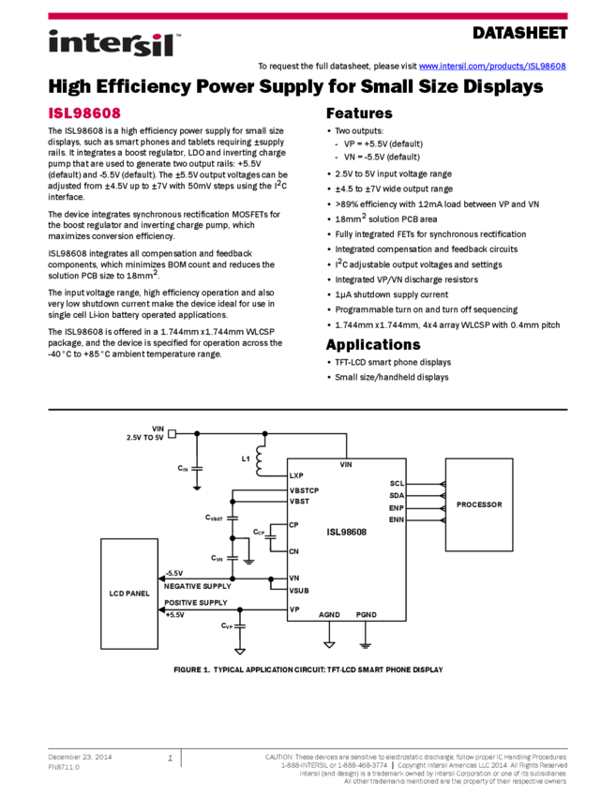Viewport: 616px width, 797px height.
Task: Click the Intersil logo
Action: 114,44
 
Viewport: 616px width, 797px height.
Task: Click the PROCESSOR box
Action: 479,504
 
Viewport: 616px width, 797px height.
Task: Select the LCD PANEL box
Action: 129,594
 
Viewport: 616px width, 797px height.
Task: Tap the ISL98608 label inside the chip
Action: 346,532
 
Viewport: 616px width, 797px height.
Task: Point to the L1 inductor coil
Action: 260,459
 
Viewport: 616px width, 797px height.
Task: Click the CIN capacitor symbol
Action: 197,467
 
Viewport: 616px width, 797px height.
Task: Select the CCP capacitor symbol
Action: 270,533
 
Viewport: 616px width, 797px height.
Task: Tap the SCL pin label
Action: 397,484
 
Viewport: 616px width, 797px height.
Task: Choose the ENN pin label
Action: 396,519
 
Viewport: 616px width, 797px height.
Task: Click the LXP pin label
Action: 296,476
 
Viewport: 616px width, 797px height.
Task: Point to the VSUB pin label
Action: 299,591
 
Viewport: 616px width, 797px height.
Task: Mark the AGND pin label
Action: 329,615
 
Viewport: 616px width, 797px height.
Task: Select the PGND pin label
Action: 366,615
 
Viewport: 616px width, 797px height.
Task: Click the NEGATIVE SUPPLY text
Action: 197,586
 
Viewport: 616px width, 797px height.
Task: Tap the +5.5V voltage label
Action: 175,615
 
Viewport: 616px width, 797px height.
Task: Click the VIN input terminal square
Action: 172,433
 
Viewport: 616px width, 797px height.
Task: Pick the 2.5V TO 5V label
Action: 145,438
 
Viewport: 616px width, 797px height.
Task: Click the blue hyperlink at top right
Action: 492,67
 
